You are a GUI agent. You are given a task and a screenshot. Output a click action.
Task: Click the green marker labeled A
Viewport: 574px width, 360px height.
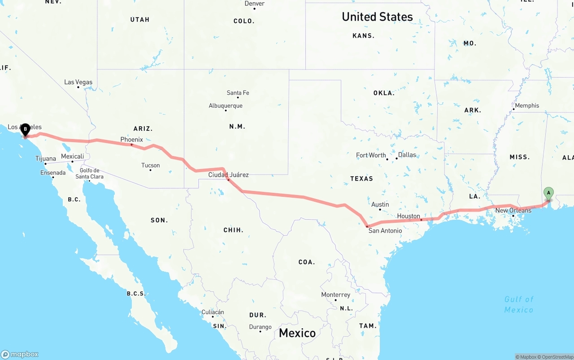[548, 194]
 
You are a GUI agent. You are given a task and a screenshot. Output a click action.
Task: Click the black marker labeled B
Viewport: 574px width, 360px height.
[26, 130]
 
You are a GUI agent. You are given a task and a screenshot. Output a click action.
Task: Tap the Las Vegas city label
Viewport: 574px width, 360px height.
[78, 82]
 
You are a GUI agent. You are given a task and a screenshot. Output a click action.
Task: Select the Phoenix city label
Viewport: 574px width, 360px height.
[131, 139]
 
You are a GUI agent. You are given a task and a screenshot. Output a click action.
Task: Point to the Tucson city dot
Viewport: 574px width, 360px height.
[150, 170]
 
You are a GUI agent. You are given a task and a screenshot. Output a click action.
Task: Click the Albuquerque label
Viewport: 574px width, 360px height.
[226, 106]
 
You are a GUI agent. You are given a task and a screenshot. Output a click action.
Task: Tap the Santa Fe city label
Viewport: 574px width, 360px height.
[238, 93]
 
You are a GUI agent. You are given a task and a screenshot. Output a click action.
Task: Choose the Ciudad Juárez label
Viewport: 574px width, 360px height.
[228, 175]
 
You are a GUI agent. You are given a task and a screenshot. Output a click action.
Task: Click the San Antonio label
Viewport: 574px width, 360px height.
[385, 230]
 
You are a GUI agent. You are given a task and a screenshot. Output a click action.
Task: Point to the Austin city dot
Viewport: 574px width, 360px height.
[380, 209]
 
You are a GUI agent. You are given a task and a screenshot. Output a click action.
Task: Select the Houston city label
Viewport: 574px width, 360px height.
[409, 216]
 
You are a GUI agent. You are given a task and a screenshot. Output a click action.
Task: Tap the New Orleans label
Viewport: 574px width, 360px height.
[513, 210]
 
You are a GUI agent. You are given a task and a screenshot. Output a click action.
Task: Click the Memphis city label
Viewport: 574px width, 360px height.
[527, 105]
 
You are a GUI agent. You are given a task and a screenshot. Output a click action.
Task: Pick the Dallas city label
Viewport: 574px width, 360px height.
[407, 155]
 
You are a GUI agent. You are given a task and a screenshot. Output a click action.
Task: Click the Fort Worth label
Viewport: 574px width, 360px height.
[371, 155]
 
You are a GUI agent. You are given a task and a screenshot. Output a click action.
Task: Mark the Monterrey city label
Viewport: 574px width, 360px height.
[335, 295]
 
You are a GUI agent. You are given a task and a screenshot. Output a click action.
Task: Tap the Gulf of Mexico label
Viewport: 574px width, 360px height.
[519, 304]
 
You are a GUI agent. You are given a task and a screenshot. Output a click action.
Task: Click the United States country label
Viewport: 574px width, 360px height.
[377, 17]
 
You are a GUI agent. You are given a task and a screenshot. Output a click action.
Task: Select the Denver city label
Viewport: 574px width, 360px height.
[254, 4]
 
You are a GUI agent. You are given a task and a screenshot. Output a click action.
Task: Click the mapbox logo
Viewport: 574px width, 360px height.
[20, 354]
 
